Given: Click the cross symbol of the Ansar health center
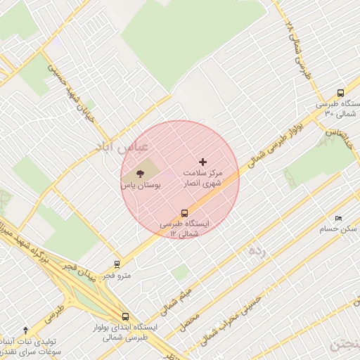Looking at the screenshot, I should point(204,162).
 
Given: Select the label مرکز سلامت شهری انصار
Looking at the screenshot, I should point(202,177).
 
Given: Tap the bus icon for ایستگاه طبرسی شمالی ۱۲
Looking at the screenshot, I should point(184,213).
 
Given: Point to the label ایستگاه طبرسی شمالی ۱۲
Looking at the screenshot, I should point(184,228).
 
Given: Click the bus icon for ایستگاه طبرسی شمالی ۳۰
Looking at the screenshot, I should point(341,92).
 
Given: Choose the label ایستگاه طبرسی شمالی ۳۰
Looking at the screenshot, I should point(338,108).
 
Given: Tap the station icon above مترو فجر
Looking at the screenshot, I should point(117,265).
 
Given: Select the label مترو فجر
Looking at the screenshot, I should point(117,276).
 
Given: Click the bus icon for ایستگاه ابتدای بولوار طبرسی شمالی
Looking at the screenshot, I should point(125,316).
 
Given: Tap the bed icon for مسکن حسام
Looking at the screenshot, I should point(338,219).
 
